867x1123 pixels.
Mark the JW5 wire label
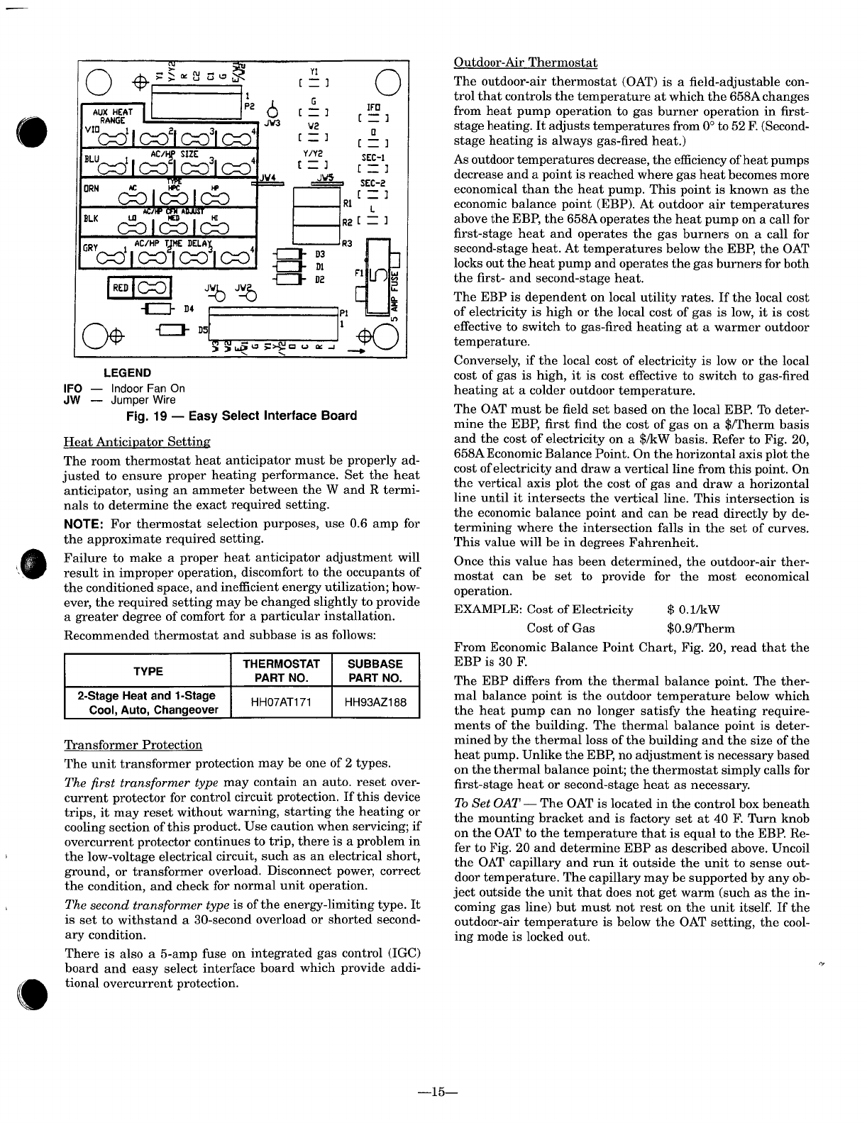pyautogui.click(x=326, y=177)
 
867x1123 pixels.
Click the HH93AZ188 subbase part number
pyautogui.click(x=375, y=702)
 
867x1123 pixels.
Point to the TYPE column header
pyautogui.click(x=148, y=671)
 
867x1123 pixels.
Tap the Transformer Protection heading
pyautogui.click(x=133, y=745)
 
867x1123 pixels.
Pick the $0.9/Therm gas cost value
pyautogui.click(x=700, y=628)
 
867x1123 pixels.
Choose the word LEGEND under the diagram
pyautogui.click(x=128, y=372)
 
